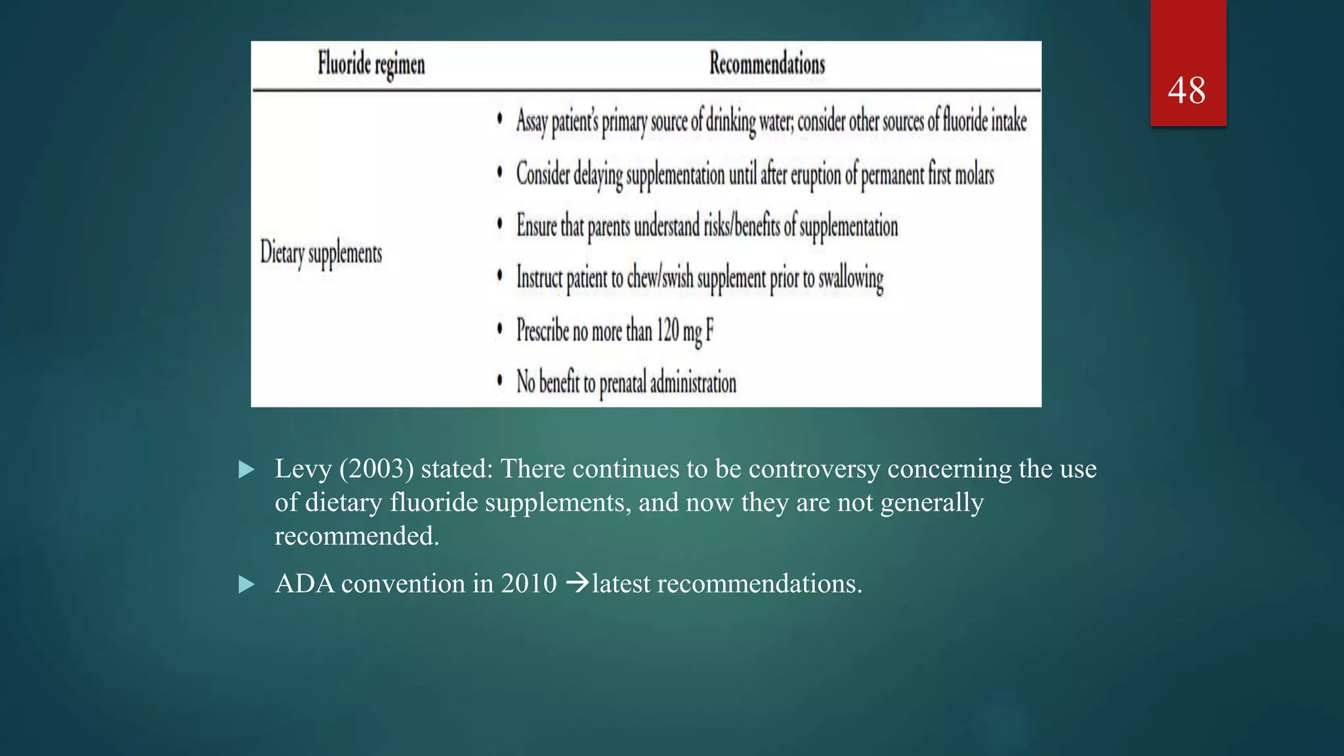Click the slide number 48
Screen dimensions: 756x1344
[x=1186, y=91]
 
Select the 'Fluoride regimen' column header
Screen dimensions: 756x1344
[x=371, y=64]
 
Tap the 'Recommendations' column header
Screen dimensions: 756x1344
[x=766, y=64]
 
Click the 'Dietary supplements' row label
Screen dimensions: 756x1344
[x=321, y=253]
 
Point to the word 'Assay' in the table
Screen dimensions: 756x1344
[x=532, y=121]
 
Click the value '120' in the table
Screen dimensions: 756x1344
[x=667, y=329]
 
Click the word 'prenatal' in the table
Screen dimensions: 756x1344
[x=622, y=383]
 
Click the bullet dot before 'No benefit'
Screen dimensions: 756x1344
[x=500, y=380]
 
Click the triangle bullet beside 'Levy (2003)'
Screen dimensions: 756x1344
[x=247, y=469]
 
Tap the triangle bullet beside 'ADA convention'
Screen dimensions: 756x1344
[x=247, y=584]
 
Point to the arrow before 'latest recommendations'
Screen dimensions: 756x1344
[x=577, y=583]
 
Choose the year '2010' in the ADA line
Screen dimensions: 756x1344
[x=528, y=583]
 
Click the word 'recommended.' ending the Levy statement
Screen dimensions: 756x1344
[x=356, y=536]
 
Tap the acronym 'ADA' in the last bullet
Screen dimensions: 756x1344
[x=304, y=583]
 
